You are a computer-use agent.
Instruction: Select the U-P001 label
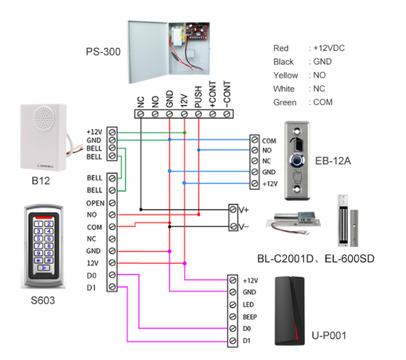329,336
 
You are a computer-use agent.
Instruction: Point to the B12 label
40,181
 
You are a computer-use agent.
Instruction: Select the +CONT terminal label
213,98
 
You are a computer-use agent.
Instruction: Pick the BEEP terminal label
252,316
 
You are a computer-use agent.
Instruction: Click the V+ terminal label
244,210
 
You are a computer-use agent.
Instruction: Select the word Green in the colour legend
285,102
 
